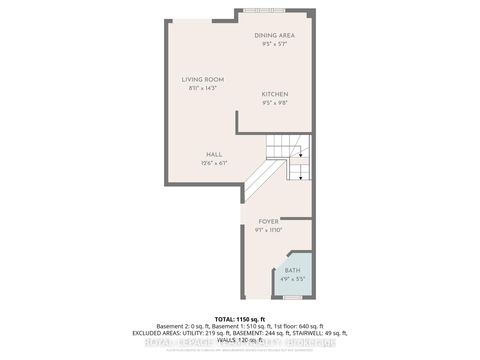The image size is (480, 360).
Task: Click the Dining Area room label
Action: point(274,35)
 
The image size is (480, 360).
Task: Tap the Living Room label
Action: point(201,80)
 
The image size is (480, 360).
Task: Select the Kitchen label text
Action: point(274,94)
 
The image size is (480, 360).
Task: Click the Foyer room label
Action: point(268,221)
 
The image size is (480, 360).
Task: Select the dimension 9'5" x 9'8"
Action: point(274,103)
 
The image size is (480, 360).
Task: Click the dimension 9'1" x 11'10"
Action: point(268,230)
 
